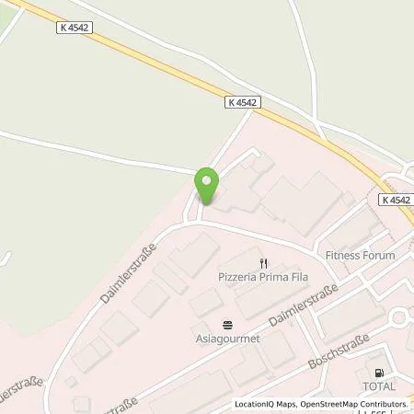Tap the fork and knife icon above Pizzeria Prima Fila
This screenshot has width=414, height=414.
click(262, 262)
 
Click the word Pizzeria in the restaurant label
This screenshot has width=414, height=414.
click(236, 275)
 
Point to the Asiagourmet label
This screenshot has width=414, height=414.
click(228, 338)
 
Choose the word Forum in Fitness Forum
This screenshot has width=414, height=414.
click(378, 256)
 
